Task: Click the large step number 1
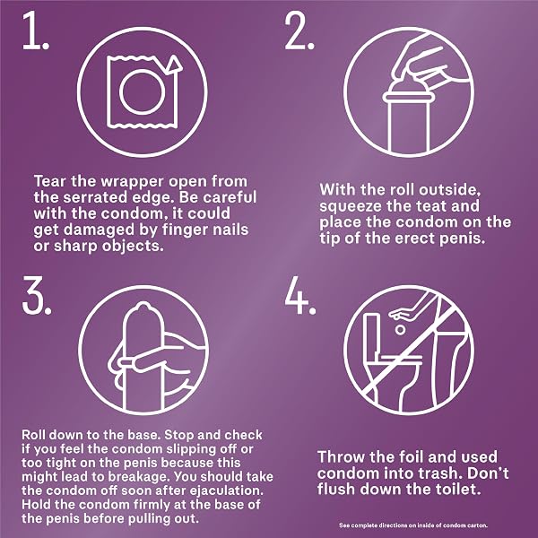[36, 30]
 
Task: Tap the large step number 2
[299, 30]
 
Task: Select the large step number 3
[37, 295]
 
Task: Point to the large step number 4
[300, 295]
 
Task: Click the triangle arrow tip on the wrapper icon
[174, 64]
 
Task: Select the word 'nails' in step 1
[230, 230]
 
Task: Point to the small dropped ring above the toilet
[400, 330]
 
